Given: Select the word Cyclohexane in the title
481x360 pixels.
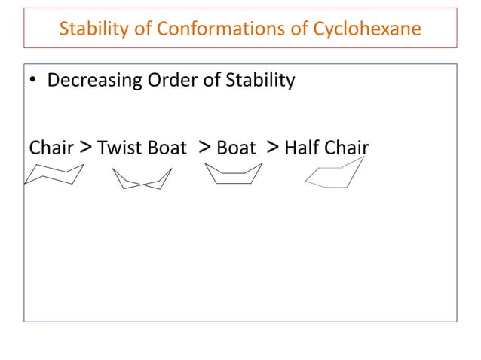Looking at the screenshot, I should coord(366,29).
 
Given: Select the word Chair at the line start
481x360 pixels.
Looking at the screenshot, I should coord(51,148).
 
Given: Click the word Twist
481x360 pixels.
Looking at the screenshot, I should coord(121,148).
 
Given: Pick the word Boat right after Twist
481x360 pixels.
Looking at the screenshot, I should coord(167,148).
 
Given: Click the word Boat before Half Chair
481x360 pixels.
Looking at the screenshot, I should coord(236,148).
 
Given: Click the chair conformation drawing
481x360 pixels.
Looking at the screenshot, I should coord(53,175).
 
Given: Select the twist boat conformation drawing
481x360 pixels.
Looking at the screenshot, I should coord(142,178).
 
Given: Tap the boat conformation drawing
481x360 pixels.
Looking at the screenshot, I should coord(233,175).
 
